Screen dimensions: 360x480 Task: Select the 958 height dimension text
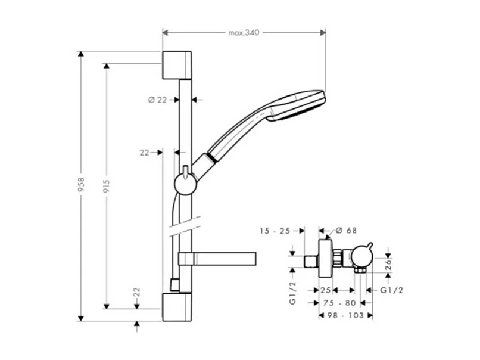82,185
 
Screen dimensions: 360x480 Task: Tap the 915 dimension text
107,185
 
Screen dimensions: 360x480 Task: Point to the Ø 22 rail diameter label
158,100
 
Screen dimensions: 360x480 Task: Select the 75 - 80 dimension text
339,302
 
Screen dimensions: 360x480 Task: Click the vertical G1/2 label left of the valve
292,293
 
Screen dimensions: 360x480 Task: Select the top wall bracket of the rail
177,65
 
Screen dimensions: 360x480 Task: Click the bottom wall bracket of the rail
177,306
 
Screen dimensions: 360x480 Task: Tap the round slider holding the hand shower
185,184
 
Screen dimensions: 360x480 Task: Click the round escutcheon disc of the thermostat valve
325,259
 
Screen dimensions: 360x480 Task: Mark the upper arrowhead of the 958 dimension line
81,54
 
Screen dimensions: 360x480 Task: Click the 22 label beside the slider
144,153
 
